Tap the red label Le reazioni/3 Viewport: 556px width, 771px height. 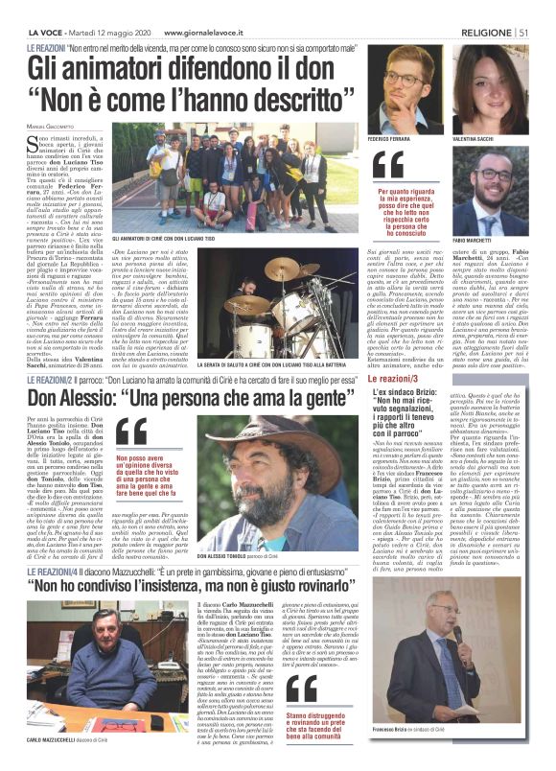396,381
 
